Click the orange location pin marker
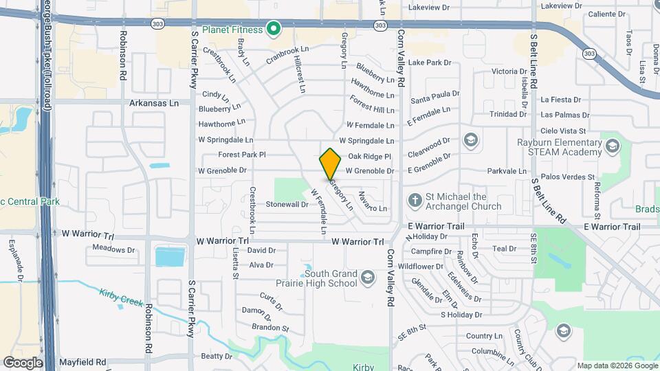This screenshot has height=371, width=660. tap(331, 164)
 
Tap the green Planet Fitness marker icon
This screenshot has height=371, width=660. tap(274, 30)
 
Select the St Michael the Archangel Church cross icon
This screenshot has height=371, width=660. tap(415, 201)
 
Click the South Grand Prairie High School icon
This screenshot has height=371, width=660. tap(367, 278)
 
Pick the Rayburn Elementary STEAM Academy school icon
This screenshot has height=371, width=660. tap(613, 145)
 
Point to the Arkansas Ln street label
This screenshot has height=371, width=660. tap(154, 103)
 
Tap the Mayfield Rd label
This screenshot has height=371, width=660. tap(82, 361)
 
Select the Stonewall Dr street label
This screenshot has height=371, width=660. tap(287, 204)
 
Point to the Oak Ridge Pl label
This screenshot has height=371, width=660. tap(369, 157)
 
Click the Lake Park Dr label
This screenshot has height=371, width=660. tap(429, 63)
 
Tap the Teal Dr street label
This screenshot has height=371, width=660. tap(504, 249)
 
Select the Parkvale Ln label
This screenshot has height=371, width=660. tap(506, 171)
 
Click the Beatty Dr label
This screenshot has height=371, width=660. tap(217, 356)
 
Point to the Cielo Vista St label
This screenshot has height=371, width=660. tap(562, 131)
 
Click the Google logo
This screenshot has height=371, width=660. tap(23, 362)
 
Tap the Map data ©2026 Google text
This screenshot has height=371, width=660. tap(617, 366)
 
